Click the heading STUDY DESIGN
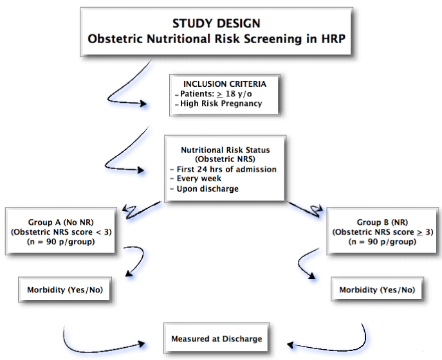pos(216,23)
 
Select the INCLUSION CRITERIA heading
pos(225,84)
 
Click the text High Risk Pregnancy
pos(221,104)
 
